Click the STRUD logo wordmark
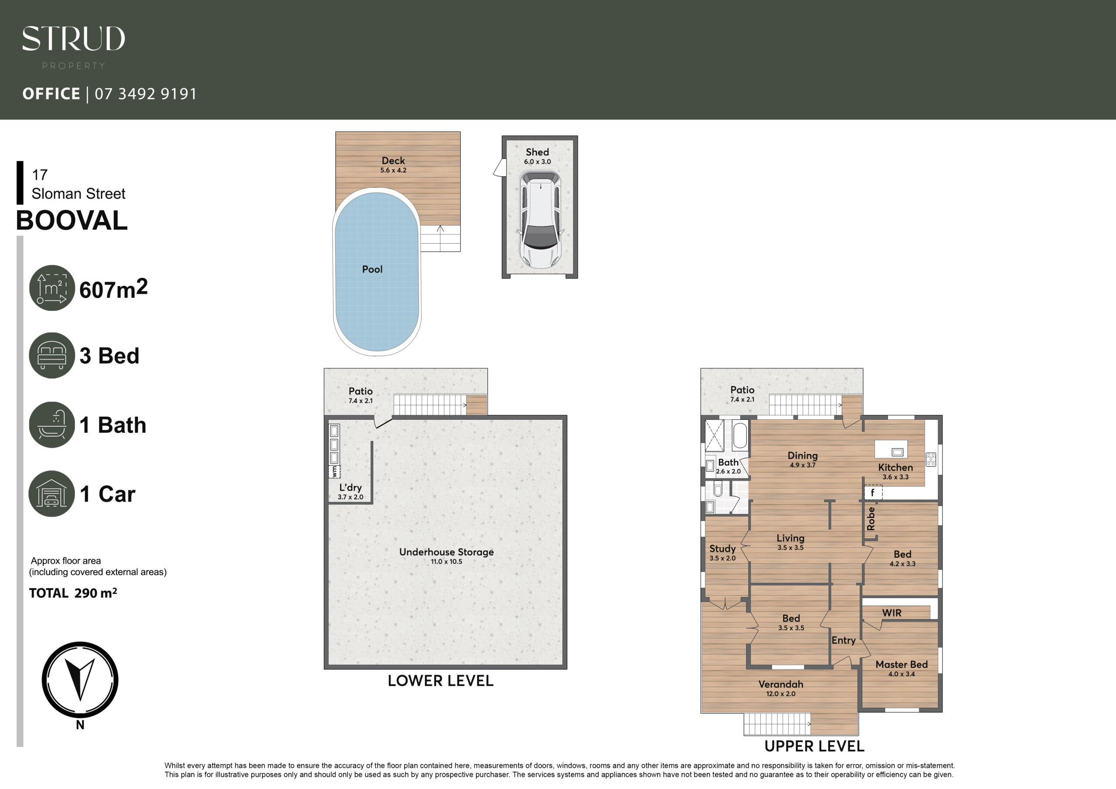click(73, 38)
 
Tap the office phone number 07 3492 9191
click(146, 93)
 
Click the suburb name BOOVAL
click(72, 221)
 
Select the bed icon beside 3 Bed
click(51, 355)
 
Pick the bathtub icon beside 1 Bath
click(51, 425)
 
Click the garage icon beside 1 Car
click(51, 493)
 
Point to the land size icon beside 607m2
click(51, 288)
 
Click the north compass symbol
click(80, 680)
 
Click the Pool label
click(372, 269)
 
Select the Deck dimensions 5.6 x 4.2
click(393, 170)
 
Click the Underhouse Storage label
click(446, 552)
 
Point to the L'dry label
click(350, 488)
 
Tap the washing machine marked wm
click(335, 471)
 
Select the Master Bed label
click(902, 665)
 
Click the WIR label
click(892, 613)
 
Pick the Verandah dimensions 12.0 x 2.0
click(781, 694)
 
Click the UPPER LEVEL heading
click(814, 746)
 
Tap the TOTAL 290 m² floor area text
click(73, 593)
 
